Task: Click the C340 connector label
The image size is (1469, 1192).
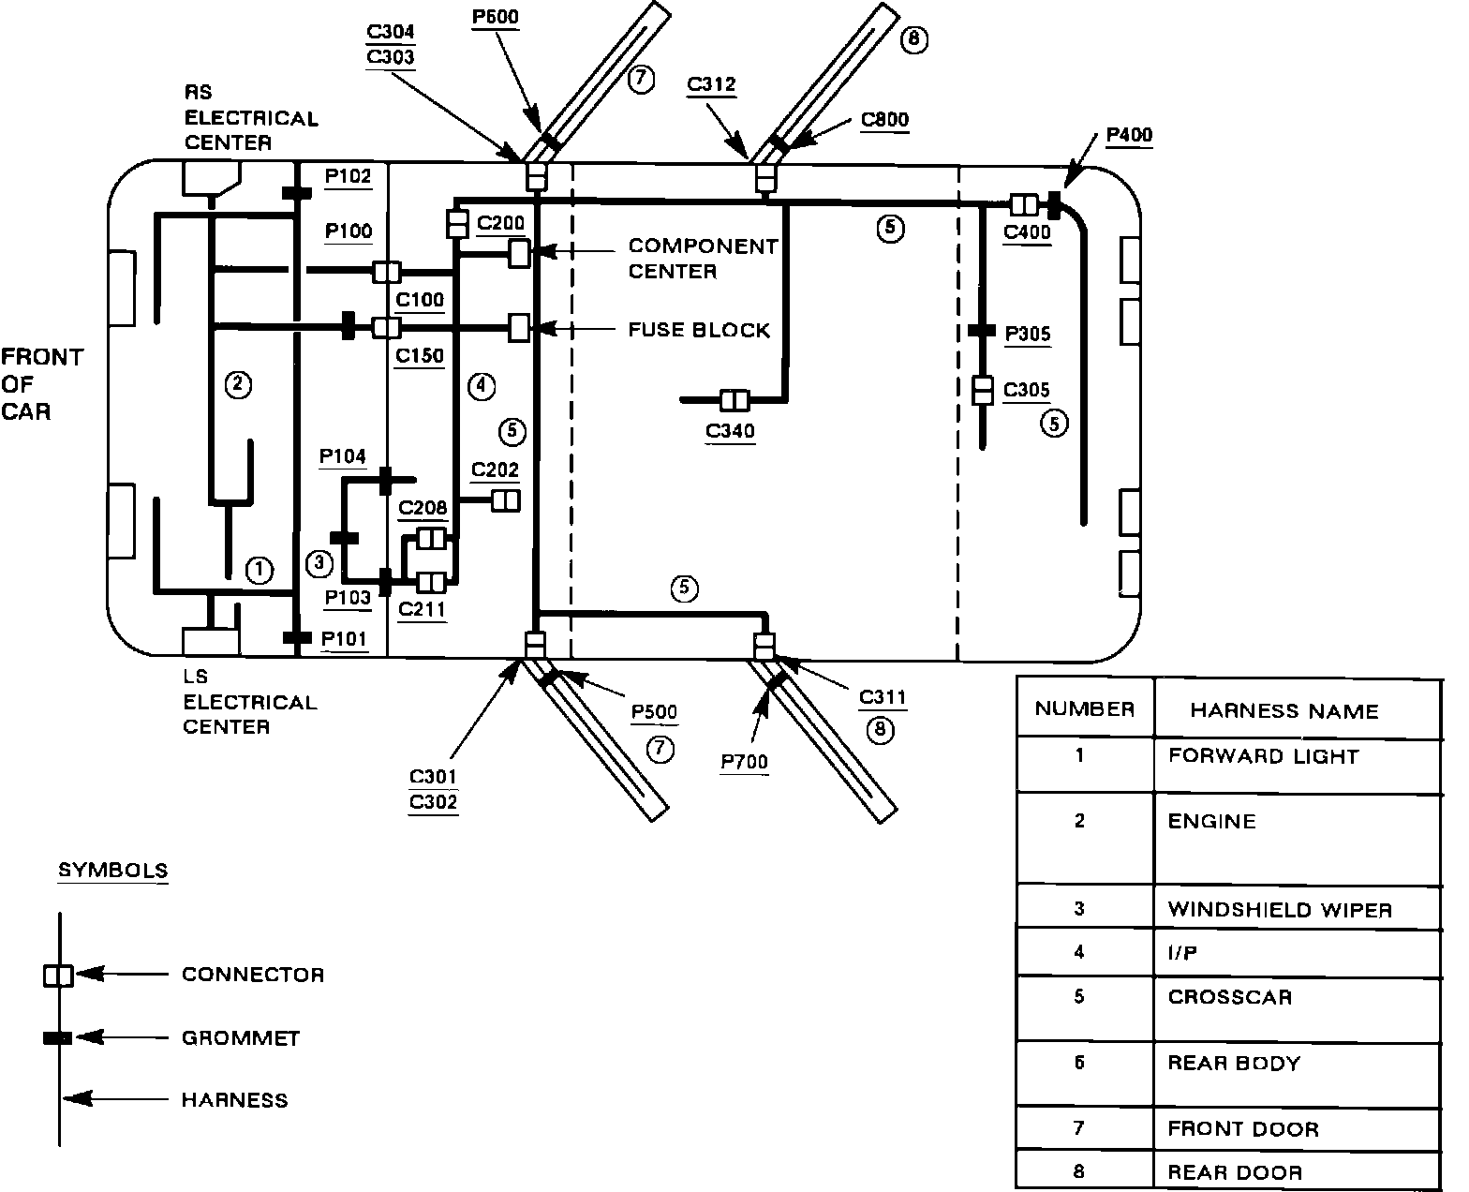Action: pos(731,431)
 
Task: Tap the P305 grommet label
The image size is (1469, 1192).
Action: pos(1028,334)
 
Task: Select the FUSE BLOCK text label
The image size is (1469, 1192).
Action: pos(699,330)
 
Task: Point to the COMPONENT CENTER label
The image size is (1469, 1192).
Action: pos(703,259)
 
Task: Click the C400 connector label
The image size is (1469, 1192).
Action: pos(1027,232)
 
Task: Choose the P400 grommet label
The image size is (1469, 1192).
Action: pos(1129,135)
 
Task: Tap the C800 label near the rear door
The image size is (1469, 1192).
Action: pos(884,120)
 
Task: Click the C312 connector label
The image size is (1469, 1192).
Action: pos(711,85)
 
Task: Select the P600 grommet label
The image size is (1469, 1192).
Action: pos(495,17)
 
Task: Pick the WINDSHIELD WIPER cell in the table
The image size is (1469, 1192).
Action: pos(1279,910)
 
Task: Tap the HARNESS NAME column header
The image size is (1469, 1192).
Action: pos(1284,711)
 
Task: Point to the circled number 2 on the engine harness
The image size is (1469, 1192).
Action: pos(237,383)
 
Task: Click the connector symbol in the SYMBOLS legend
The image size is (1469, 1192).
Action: pos(58,976)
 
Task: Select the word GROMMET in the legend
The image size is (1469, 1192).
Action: pos(241,1038)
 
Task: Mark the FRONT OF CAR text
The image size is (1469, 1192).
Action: pos(41,384)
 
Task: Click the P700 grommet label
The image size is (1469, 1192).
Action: pos(744,763)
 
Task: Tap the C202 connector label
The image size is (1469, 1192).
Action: pos(495,469)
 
